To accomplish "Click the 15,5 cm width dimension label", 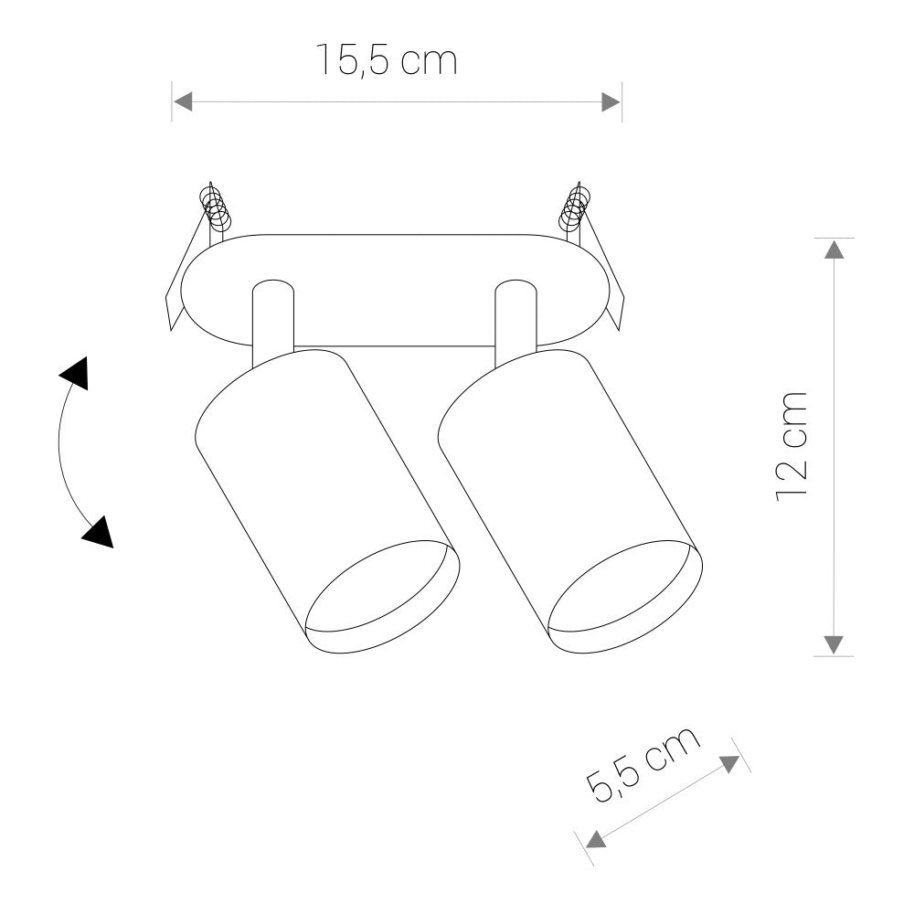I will [x=386, y=60].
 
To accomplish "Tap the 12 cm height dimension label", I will [x=792, y=445].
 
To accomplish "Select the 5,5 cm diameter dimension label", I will [x=643, y=766].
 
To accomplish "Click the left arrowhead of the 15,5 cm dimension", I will [x=183, y=101].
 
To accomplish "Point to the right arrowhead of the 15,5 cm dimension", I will [x=611, y=101].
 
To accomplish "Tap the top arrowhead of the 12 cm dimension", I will [x=834, y=249].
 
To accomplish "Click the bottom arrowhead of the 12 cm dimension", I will [x=834, y=644].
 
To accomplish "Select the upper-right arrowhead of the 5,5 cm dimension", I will [x=729, y=764].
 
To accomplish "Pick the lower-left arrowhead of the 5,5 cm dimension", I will [x=595, y=839].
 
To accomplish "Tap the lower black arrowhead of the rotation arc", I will [x=98, y=532].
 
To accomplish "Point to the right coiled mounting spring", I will [x=575, y=208].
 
